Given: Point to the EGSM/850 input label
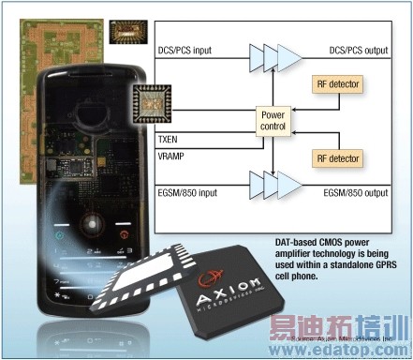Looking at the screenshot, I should pos(196,192).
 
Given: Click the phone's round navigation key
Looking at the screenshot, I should pos(92,225).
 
